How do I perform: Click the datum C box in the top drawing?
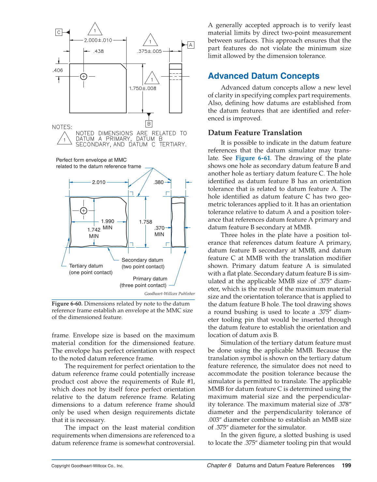pos(59,32)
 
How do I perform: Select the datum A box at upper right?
pos(191,45)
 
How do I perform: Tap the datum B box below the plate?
pos(149,124)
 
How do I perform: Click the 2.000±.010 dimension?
pos(98,40)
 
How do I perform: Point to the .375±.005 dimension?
pos(149,51)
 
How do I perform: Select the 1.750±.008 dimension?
pos(143,88)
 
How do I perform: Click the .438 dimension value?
pos(98,51)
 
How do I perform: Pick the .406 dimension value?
pos(58,70)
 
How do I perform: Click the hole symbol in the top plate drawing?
pos(83,76)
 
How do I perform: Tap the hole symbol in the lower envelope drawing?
pos(83,211)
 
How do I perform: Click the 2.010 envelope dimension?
pos(98,182)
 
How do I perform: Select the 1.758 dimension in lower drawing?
pos(145,222)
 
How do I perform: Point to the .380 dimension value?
pos(158,182)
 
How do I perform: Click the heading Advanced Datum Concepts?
pos(264,76)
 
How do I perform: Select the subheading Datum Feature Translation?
pos(255,133)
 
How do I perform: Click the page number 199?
pos(346,465)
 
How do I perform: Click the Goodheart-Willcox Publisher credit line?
pos(169,294)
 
